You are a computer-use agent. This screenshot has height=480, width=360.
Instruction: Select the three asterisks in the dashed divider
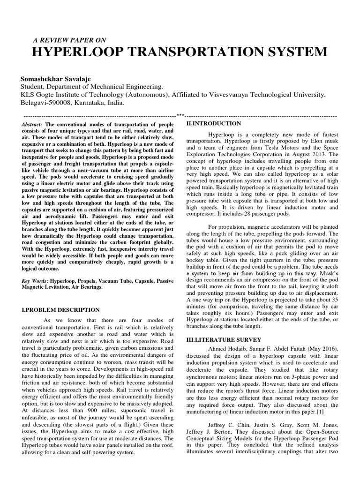click(180, 115)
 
